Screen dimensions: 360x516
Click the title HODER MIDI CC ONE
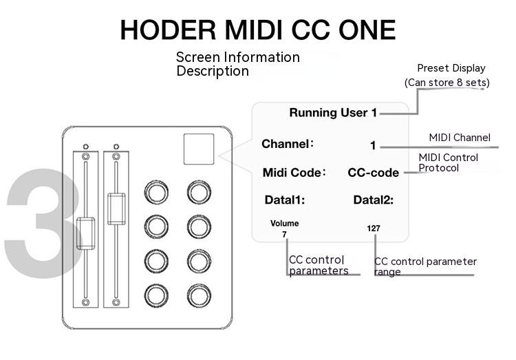(x=258, y=30)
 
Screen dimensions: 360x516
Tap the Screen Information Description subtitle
(x=237, y=64)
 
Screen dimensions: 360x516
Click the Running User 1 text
(x=333, y=113)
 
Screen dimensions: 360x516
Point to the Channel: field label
(x=288, y=145)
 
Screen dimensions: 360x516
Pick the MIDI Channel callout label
(x=460, y=138)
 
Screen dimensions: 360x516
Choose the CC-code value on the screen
(x=374, y=173)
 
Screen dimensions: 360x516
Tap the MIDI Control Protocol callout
(x=448, y=162)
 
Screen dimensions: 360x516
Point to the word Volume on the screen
(x=284, y=224)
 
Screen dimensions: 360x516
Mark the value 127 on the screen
(x=374, y=228)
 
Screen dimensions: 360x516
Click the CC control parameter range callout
(x=425, y=266)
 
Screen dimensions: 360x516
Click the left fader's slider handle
(x=85, y=233)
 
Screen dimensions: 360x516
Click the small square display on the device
(x=199, y=149)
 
